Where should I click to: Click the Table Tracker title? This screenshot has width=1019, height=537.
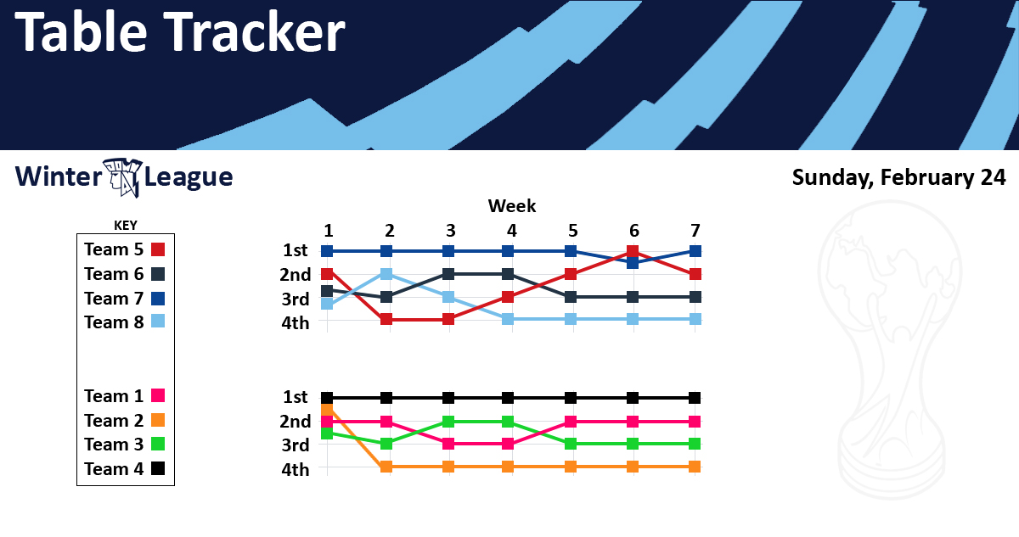coord(180,31)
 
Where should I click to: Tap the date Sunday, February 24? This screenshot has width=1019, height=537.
coord(899,177)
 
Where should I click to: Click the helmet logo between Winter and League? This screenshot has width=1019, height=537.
coord(123,177)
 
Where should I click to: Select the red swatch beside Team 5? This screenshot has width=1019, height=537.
coord(158,249)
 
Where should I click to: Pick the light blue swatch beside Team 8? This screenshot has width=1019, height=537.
coord(158,322)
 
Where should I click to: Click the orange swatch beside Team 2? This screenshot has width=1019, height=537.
coord(158,420)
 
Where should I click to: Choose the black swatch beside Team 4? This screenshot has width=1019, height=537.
coord(158,468)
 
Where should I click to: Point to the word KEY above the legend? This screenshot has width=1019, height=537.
coord(126,226)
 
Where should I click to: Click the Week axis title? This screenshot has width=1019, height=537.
coord(512,206)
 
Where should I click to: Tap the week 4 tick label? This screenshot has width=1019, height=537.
coord(512,231)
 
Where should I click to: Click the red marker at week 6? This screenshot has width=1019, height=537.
coord(633,251)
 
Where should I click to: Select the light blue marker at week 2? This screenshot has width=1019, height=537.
coord(386,274)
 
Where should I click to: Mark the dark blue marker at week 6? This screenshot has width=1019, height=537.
coord(633,263)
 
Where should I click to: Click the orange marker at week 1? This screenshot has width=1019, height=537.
coord(327,410)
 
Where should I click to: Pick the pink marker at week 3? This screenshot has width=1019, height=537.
coord(448,444)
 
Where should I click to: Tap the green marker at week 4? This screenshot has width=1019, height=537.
coord(508,422)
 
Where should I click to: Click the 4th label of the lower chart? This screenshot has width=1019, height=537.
coord(296,470)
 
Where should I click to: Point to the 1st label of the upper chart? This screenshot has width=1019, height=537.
coord(296,250)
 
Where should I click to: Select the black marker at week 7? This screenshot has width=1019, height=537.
coord(695,398)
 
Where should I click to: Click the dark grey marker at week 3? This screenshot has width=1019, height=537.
coord(448,274)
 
